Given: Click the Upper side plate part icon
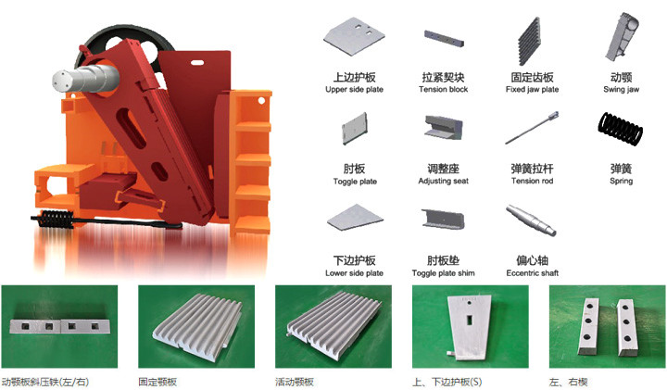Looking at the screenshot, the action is click(354, 36).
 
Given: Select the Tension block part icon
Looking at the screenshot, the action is click(443, 38).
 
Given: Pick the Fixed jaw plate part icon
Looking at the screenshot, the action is click(529, 42).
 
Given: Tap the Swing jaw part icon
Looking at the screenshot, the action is click(622, 36).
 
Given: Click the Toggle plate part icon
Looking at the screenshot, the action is click(354, 128).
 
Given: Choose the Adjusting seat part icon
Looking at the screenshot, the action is click(443, 128).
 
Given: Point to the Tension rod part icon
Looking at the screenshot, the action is click(532, 128).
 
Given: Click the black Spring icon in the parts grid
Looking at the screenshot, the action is click(620, 130).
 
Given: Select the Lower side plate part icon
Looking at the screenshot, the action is click(355, 218).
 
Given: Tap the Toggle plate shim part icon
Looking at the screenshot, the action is click(443, 219).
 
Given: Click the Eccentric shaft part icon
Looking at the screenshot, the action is click(532, 220).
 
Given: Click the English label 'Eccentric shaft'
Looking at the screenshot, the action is click(532, 273).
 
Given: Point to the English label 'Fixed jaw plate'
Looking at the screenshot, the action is click(532, 89).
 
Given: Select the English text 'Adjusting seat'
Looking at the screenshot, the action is click(443, 182).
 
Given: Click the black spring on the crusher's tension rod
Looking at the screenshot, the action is click(56, 220).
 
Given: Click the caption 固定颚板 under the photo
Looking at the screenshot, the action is click(157, 382).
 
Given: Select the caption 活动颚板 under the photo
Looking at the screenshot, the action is click(295, 382).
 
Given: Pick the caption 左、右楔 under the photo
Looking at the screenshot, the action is click(568, 382).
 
